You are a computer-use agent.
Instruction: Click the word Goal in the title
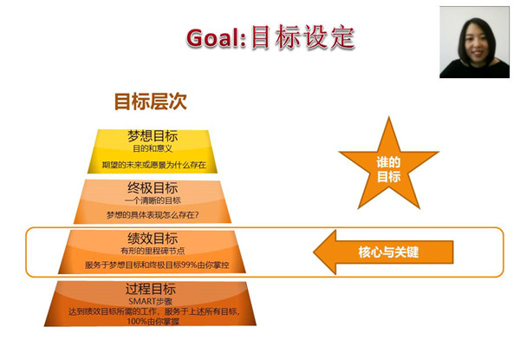click(213, 38)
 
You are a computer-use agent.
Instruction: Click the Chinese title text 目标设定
click(303, 37)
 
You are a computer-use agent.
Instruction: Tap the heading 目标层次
click(151, 101)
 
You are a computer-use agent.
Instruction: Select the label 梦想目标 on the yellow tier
click(153, 135)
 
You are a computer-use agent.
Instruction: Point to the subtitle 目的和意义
click(153, 148)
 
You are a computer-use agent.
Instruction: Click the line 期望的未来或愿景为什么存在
click(154, 165)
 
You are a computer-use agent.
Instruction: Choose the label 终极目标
click(153, 188)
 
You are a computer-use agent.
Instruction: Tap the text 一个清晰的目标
click(153, 200)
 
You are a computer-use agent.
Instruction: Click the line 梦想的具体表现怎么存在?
click(153, 215)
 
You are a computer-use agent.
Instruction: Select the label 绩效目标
click(153, 239)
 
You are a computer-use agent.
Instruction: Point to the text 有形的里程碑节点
click(153, 251)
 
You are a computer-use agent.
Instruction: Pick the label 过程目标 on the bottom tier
click(151, 289)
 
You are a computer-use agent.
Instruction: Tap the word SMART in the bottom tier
click(140, 301)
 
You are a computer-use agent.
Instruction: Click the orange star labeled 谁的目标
click(388, 166)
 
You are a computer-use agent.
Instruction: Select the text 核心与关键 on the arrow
click(388, 252)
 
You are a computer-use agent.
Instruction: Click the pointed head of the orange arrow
click(315, 252)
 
